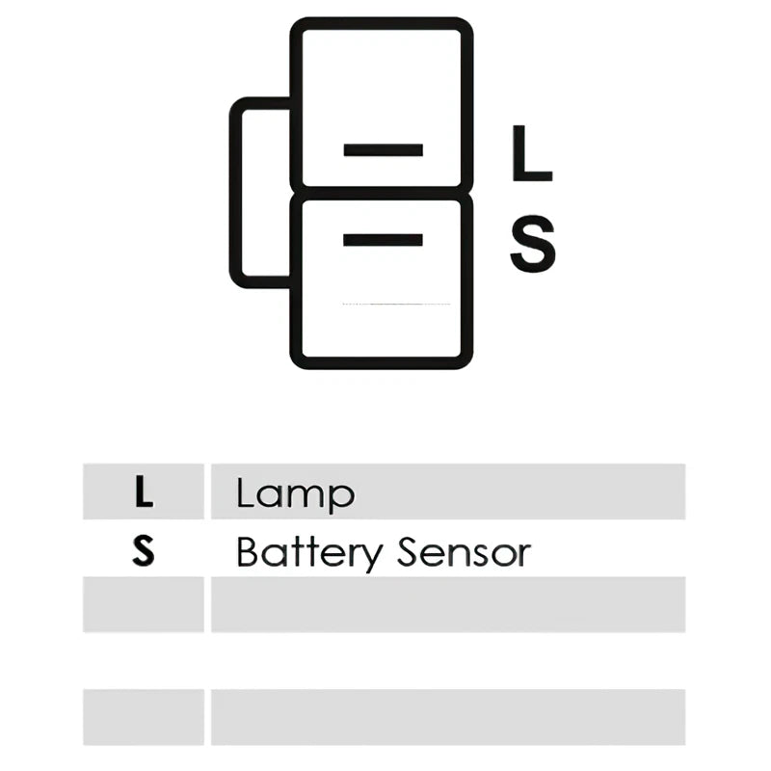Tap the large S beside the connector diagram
coord(533,244)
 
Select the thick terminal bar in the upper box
coord(383,150)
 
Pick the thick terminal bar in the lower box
coord(383,239)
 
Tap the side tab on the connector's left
coord(235,192)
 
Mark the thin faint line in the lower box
coord(396,305)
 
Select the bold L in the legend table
coord(143,492)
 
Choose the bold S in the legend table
coord(143,551)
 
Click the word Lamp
coord(295,493)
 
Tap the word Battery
coord(309,554)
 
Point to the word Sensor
coord(465,551)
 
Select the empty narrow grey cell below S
coord(143,604)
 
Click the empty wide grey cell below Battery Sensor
coord(448,604)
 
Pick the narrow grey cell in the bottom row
coord(143,717)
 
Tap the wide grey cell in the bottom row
coord(448,717)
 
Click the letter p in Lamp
coord(342,497)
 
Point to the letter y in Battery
coord(371,558)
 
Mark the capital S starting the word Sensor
coord(409,551)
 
